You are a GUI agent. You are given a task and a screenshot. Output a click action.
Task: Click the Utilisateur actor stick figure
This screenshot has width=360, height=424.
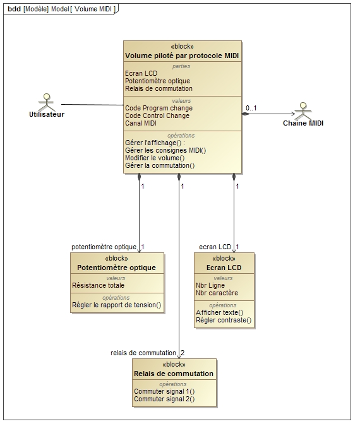pos(47,102)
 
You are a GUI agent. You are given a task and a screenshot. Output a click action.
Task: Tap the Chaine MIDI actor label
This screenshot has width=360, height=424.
pos(303,123)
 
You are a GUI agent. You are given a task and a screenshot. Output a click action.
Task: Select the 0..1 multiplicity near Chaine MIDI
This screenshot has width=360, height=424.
pos(251,108)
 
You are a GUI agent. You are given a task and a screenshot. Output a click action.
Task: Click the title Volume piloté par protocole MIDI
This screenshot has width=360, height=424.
pos(182,56)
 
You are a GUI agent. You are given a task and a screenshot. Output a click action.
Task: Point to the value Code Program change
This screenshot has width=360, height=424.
pos(159,108)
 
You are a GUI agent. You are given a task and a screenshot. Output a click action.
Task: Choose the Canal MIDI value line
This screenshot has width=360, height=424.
pos(141,123)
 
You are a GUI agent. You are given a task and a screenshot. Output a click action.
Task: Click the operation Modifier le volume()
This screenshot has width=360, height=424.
pos(155,158)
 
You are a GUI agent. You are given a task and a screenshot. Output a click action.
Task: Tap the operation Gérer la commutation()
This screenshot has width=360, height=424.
pos(160,165)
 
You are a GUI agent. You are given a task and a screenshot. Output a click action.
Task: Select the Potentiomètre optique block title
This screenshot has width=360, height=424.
pos(116,268)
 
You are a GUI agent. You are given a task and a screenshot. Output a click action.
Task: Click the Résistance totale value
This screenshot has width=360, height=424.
pos(99,285)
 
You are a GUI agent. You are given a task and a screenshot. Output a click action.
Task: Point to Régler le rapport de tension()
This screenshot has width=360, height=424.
pos(117,305)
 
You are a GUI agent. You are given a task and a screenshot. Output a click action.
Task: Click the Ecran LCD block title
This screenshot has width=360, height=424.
pos(224,268)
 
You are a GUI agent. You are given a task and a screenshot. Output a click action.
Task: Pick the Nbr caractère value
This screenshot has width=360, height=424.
pos(217,293)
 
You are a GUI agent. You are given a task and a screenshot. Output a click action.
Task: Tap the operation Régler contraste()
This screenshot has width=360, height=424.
pos(224,320)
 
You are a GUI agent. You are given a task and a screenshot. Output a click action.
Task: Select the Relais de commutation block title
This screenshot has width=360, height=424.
pos(174,374)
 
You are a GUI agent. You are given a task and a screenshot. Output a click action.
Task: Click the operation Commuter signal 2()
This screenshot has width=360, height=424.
pos(164,399)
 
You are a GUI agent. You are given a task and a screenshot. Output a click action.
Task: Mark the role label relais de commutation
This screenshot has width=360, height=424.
pos(143,353)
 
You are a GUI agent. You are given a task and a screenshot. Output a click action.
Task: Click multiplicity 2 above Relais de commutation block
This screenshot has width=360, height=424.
pos(183,353)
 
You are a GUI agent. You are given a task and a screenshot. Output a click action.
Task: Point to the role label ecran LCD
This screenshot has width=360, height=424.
pos(215,247)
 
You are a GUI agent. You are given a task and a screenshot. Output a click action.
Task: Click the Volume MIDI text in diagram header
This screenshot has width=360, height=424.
pos(93,9)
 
